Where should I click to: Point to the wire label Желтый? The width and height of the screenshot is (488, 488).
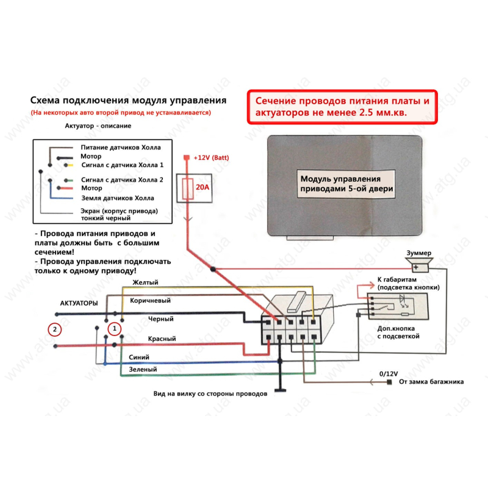pyautogui.click(x=145, y=282)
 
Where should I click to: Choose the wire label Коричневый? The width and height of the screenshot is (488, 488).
pyautogui.click(x=150, y=301)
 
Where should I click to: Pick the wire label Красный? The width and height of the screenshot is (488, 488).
pyautogui.click(x=162, y=339)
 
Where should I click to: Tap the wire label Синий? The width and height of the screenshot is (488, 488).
pyautogui.click(x=139, y=357)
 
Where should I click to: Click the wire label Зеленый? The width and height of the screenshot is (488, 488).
pyautogui.click(x=143, y=370)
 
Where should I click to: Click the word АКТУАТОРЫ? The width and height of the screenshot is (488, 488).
pyautogui.click(x=79, y=303)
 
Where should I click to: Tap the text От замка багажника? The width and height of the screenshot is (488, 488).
pyautogui.click(x=431, y=382)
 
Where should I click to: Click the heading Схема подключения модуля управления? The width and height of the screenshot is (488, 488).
pyautogui.click(x=128, y=101)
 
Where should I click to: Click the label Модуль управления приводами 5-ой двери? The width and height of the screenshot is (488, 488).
pyautogui.click(x=346, y=184)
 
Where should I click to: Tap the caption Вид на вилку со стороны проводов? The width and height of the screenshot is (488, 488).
pyautogui.click(x=209, y=394)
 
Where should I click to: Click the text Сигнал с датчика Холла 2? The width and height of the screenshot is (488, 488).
pyautogui.click(x=122, y=180)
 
